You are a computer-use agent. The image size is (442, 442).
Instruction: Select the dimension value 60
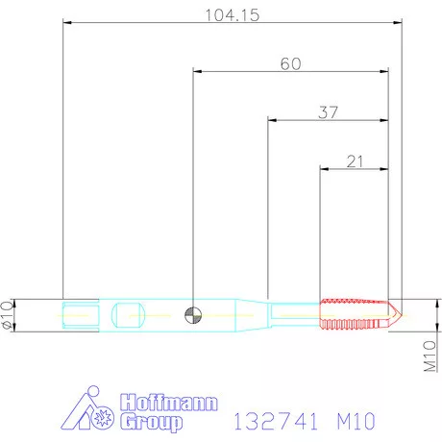[x=291, y=63]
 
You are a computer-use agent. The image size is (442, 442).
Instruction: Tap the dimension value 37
[x=329, y=112]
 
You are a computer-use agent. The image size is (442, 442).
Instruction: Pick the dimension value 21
[x=354, y=161]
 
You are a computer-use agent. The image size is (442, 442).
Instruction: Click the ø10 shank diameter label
[x=9, y=314]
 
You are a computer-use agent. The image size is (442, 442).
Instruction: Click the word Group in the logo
[x=150, y=422]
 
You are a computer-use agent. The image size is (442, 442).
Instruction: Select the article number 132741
[x=273, y=421]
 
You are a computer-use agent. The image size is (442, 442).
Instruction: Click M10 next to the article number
[x=355, y=421]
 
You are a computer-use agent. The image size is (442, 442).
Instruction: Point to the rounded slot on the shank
[x=128, y=313]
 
